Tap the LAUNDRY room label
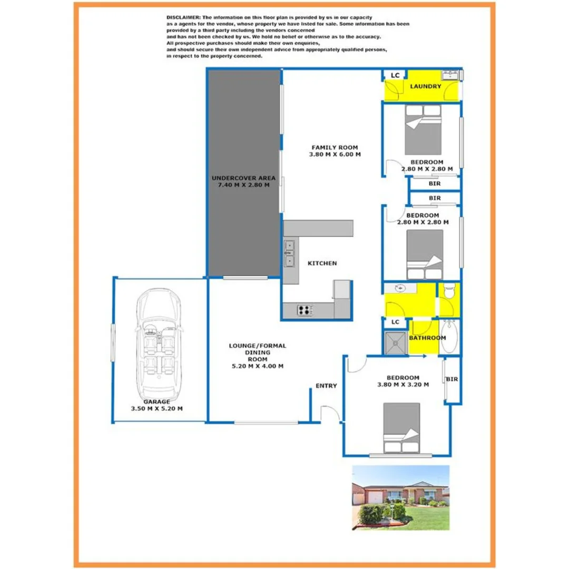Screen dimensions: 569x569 point(425,86)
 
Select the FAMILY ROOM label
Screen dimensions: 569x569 point(335,147)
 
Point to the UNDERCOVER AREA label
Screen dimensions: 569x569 point(243,178)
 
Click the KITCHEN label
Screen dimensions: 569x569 point(322,263)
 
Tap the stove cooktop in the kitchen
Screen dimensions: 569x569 point(305,310)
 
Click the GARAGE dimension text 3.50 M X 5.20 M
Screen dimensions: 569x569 point(157,408)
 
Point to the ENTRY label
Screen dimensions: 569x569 point(326,386)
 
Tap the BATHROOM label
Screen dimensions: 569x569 point(427,338)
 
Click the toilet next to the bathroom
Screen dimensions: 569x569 point(449,291)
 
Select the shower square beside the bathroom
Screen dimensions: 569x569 point(395,343)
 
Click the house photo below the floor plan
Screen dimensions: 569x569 point(400,497)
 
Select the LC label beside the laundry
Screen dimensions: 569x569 point(395,75)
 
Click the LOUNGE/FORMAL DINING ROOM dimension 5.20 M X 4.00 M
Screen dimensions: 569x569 point(258,366)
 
